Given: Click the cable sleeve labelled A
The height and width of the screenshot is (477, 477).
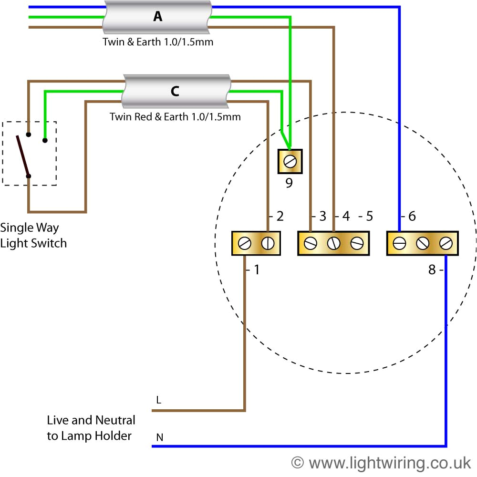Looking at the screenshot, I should coord(157,17).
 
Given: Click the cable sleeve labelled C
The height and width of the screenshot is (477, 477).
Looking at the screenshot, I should coord(175,91).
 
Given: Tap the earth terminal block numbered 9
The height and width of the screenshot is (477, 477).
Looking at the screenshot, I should coord(290,162).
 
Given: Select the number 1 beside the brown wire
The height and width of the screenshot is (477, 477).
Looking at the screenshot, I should coord(256,270).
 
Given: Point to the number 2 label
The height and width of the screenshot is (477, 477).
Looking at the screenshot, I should coord(280,216).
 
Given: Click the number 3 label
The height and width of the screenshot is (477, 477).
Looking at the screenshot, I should coord(322,216).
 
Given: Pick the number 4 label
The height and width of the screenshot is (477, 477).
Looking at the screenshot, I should coord(346,216).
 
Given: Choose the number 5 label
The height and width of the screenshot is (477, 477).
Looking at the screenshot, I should coord(369,216).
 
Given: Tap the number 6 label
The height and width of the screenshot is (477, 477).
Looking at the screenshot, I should coord(412,216).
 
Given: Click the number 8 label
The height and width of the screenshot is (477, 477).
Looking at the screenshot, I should coord(432,270).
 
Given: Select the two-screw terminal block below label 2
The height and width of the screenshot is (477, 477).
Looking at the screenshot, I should coord(256,243).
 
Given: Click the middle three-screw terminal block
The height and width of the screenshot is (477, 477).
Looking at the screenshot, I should coord(333,243).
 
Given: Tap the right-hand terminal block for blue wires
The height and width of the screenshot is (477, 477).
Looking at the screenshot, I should coord(422,243).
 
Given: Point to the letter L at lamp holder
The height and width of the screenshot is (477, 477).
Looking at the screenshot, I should coord(158,400).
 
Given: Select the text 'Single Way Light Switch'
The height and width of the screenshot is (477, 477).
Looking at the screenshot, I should coord(33,235).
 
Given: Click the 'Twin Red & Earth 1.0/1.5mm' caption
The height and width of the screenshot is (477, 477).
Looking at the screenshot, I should coord(175,116).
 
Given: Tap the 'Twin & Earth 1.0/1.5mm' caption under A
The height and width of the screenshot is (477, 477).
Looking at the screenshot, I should coord(158,42).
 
